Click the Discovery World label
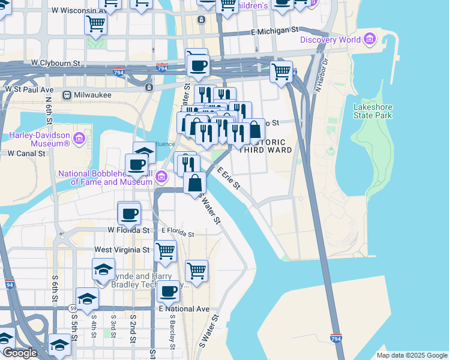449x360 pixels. [x=330, y=40]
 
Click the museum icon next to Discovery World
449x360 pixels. [x=370, y=40]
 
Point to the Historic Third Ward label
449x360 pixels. [x=265, y=146]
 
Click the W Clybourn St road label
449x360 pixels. [x=56, y=62]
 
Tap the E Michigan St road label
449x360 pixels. [x=274, y=30]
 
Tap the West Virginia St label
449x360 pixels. [x=122, y=249]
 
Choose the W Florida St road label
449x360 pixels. [x=128, y=230]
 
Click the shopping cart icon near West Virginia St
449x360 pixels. [x=165, y=250]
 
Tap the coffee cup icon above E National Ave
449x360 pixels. [x=168, y=291]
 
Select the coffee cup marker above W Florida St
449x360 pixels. [x=128, y=212]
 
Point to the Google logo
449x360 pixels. [x=19, y=353]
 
